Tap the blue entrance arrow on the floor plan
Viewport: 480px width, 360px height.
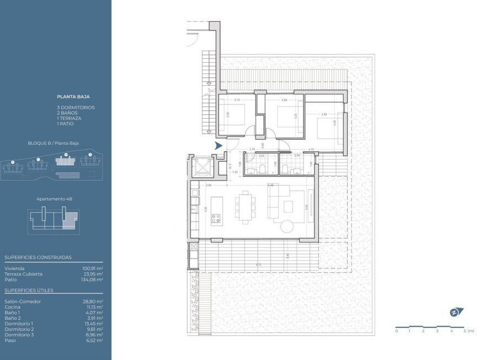pyautogui.click(x=219, y=146)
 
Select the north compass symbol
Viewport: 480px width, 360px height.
pyautogui.click(x=456, y=312)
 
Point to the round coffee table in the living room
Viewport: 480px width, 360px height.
pyautogui.click(x=289, y=226)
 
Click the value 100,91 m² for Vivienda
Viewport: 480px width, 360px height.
pyautogui.click(x=92, y=268)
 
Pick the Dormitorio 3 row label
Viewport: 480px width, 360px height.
pyautogui.click(x=19, y=335)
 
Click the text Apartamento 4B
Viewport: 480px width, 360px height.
pyautogui.click(x=53, y=198)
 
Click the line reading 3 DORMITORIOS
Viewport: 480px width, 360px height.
pyautogui.click(x=76, y=107)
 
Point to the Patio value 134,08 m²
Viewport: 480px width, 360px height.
pyautogui.click(x=92, y=279)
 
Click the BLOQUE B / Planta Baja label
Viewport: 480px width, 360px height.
pyautogui.click(x=53, y=143)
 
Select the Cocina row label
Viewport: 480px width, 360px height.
pyautogui.click(x=13, y=307)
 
